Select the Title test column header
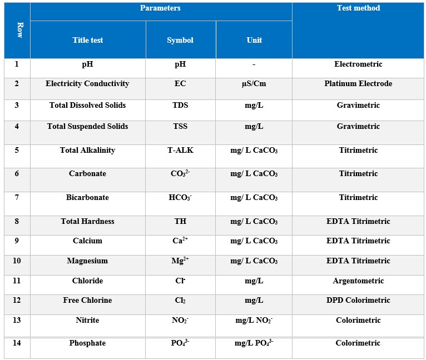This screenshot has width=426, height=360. (88, 40)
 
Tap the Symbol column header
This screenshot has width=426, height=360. (180, 40)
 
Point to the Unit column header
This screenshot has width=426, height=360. (254, 40)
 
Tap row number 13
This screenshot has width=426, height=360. (17, 320)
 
